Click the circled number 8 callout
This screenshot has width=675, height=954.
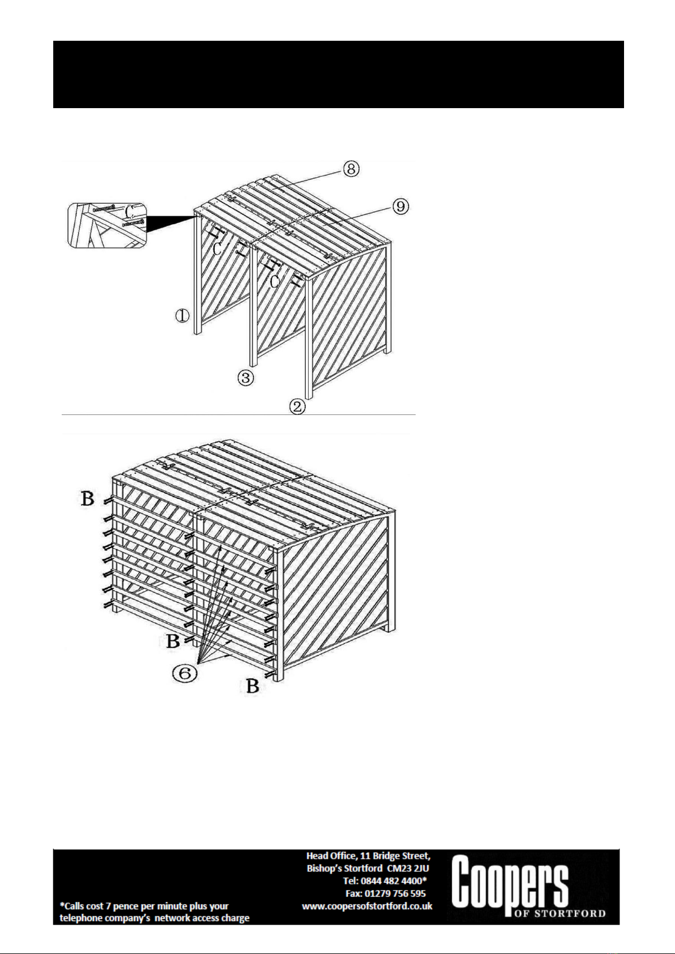click(x=351, y=169)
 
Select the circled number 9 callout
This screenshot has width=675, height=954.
click(x=400, y=207)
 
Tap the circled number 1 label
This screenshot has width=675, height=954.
click(x=182, y=315)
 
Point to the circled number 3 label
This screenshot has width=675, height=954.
click(x=246, y=378)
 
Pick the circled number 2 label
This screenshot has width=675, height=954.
click(x=297, y=407)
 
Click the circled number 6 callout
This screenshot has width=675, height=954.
click(x=185, y=673)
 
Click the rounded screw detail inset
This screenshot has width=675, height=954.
click(x=107, y=226)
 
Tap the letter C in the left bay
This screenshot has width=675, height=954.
click(x=217, y=249)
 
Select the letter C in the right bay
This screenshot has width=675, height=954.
click(x=275, y=281)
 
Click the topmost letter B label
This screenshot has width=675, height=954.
click(x=88, y=499)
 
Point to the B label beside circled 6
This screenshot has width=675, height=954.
click(x=173, y=641)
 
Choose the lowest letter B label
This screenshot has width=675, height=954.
click(x=253, y=686)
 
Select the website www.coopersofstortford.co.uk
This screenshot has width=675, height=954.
click(x=367, y=906)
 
